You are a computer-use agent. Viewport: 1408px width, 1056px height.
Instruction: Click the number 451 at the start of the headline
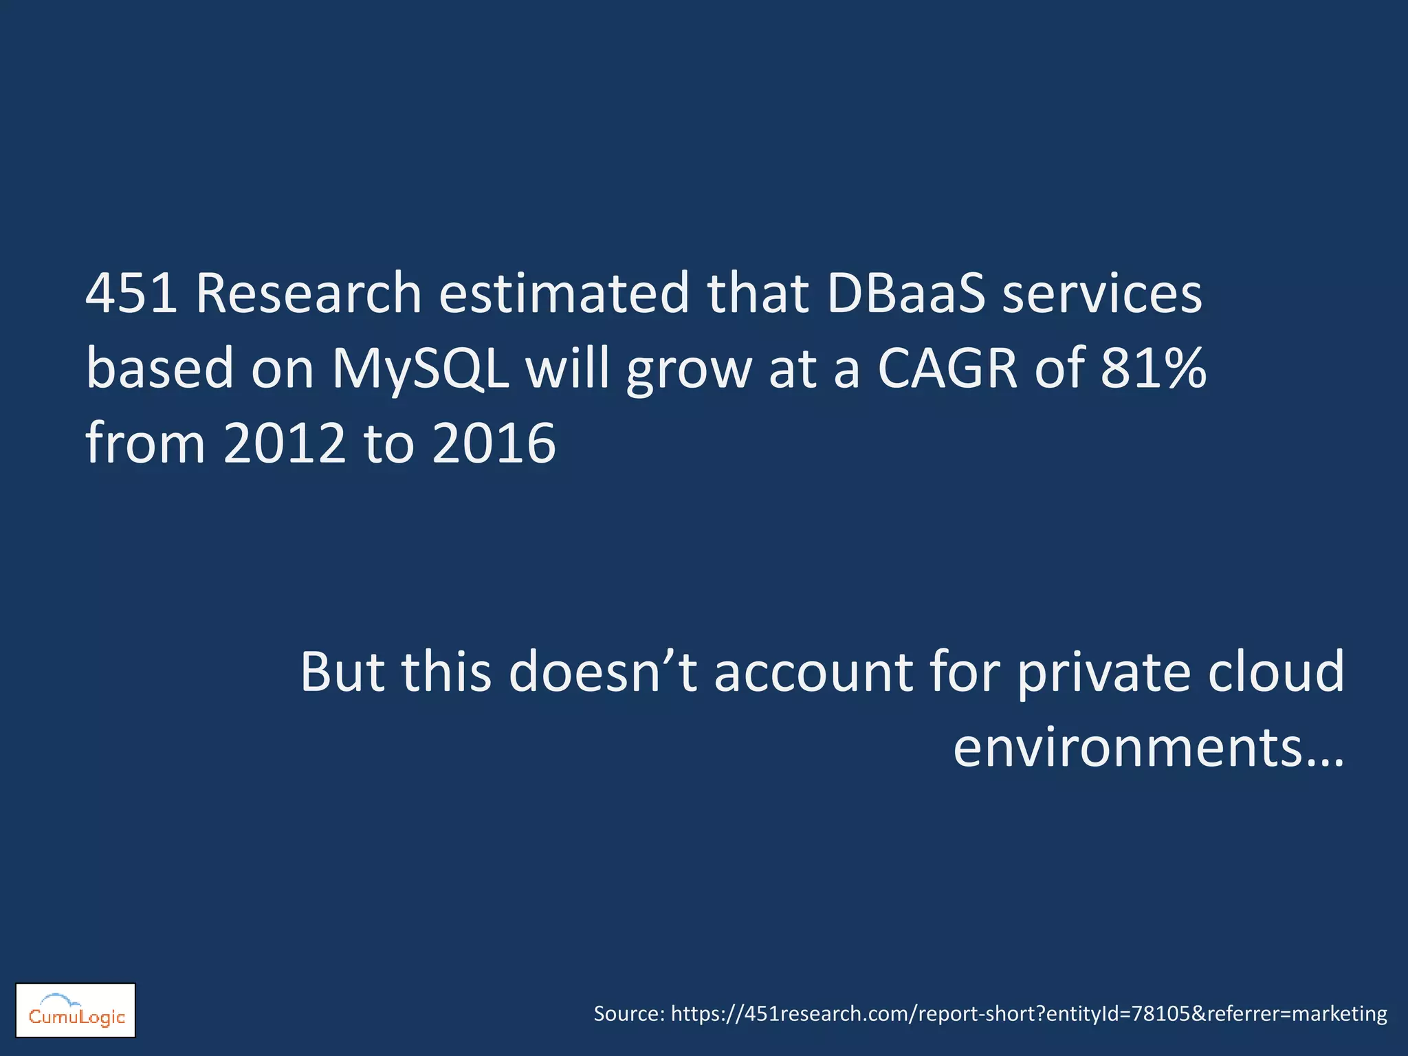(x=131, y=294)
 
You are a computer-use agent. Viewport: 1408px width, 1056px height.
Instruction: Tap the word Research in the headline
(x=309, y=294)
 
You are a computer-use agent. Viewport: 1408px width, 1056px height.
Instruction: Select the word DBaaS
(x=906, y=294)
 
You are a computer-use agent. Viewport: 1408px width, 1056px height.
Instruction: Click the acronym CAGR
(x=947, y=368)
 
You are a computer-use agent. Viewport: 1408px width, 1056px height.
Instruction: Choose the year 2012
(x=285, y=443)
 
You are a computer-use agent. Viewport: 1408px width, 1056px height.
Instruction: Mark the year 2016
(x=494, y=443)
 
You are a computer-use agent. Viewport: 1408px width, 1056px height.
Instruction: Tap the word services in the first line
(x=1102, y=294)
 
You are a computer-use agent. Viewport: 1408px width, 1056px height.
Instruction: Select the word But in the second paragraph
(x=342, y=672)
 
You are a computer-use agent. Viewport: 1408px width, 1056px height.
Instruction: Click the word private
(x=1103, y=672)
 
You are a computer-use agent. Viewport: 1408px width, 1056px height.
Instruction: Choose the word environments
(x=1127, y=748)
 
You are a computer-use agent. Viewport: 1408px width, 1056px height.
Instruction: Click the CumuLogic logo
(x=76, y=1011)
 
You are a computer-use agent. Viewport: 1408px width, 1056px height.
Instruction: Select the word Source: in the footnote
(x=629, y=1014)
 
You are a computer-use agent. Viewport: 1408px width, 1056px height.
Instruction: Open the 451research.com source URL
(x=1028, y=1014)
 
